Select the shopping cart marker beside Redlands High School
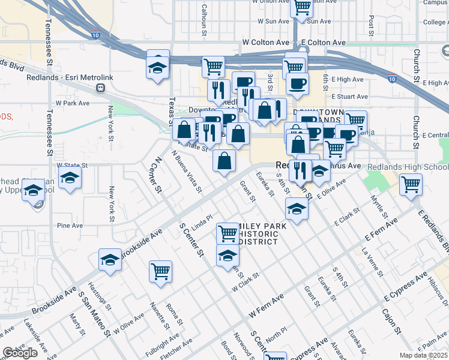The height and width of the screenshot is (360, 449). pos(411,184)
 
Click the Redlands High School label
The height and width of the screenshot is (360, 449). pos(408,166)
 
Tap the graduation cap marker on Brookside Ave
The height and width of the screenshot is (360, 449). pos(110,259)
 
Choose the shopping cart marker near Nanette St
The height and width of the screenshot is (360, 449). pos(160,271)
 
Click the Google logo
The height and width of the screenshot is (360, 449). pos(20,353)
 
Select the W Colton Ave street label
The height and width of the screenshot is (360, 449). pos(265,43)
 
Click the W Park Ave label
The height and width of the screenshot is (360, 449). pos(72,103)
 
